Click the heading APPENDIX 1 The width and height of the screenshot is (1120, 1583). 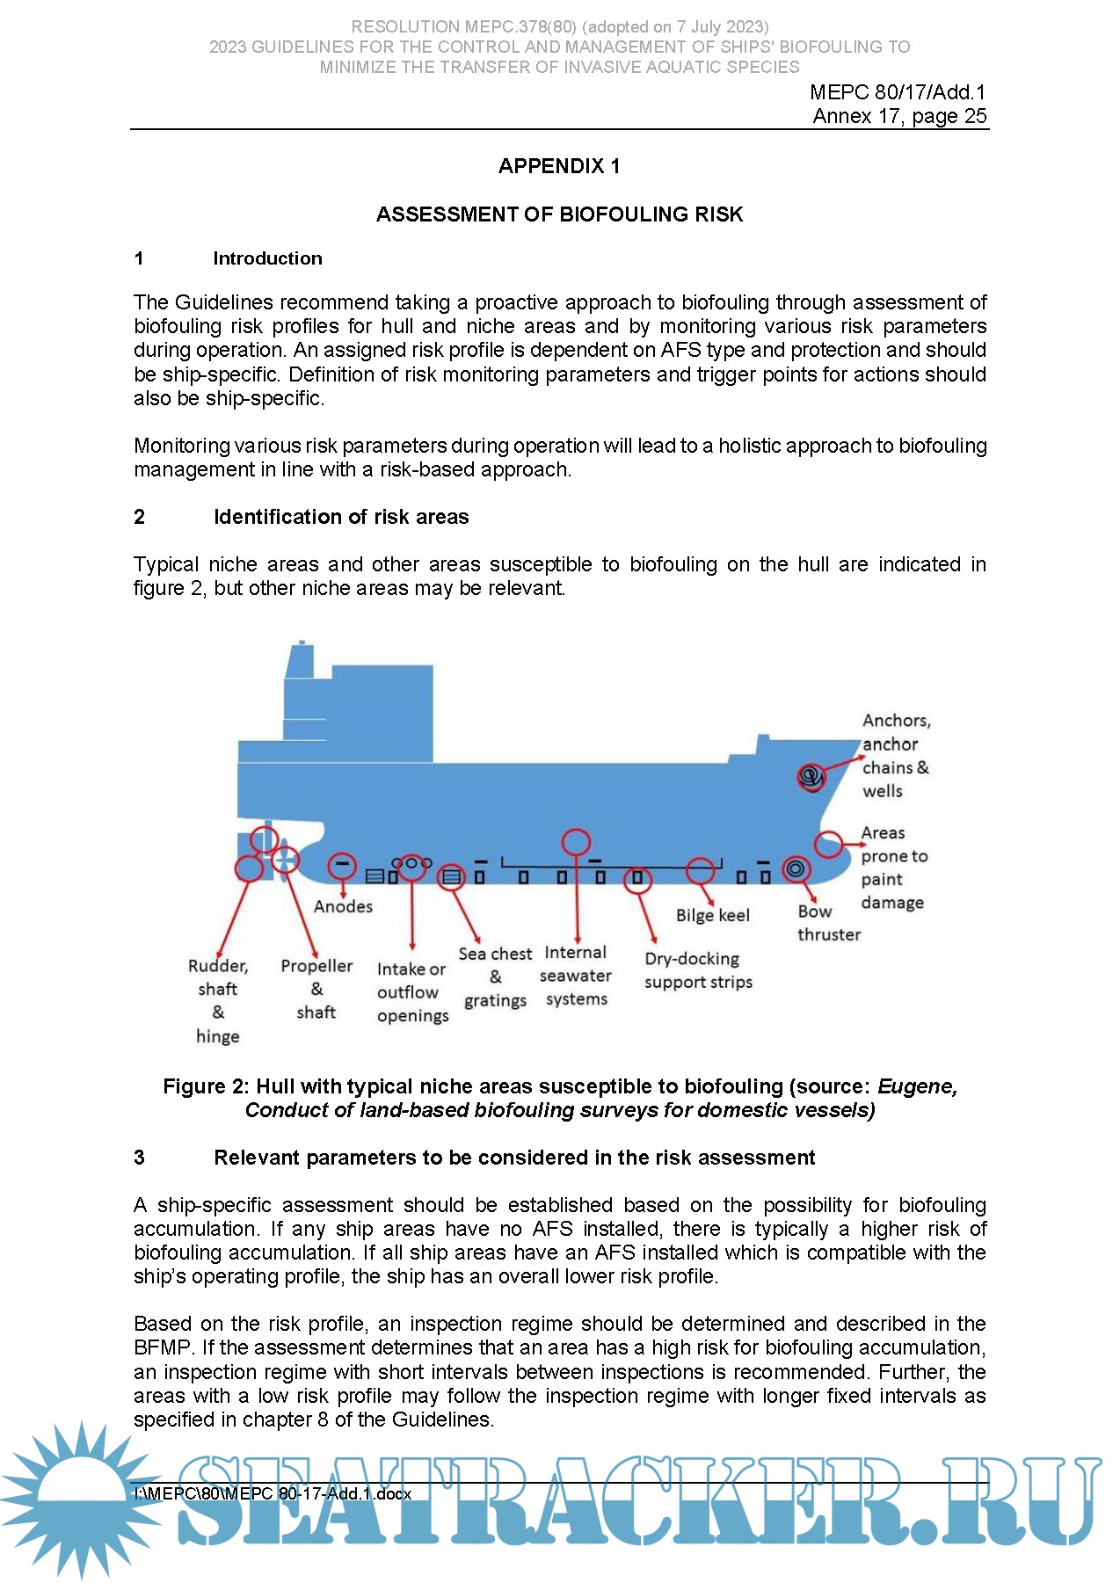559,166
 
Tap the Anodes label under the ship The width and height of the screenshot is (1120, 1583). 343,906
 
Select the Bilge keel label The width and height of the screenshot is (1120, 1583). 712,915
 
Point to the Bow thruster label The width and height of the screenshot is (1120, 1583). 828,923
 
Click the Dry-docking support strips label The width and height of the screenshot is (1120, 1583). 698,970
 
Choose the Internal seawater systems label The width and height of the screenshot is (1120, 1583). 576,976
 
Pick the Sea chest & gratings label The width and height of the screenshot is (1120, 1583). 495,977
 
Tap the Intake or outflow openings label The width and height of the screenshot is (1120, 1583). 412,992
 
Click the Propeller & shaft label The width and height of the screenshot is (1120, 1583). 316,989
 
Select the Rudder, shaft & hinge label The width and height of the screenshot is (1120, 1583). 218,1000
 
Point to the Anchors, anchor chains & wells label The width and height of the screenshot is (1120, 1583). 895,756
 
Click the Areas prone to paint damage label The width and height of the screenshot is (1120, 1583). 892,868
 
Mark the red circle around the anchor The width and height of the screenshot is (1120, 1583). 811,777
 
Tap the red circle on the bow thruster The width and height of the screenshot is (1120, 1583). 796,869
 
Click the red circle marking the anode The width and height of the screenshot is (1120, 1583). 342,866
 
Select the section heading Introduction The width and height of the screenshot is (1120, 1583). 267,258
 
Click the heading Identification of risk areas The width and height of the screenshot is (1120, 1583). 341,517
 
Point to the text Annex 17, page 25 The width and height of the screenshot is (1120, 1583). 899,116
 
